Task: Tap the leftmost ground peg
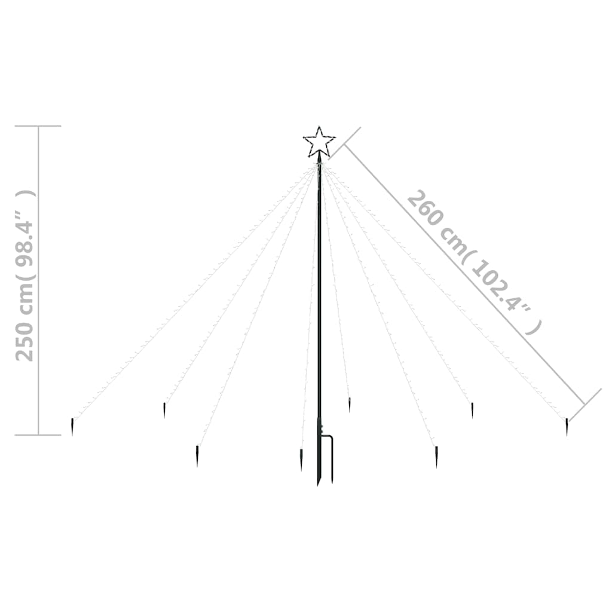[72, 427]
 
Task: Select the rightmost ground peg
[567, 427]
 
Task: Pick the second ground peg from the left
[164, 410]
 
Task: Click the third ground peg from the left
[197, 456]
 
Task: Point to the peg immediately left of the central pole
[301, 460]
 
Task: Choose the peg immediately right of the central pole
[349, 405]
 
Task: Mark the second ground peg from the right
[472, 411]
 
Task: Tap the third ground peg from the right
[436, 457]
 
